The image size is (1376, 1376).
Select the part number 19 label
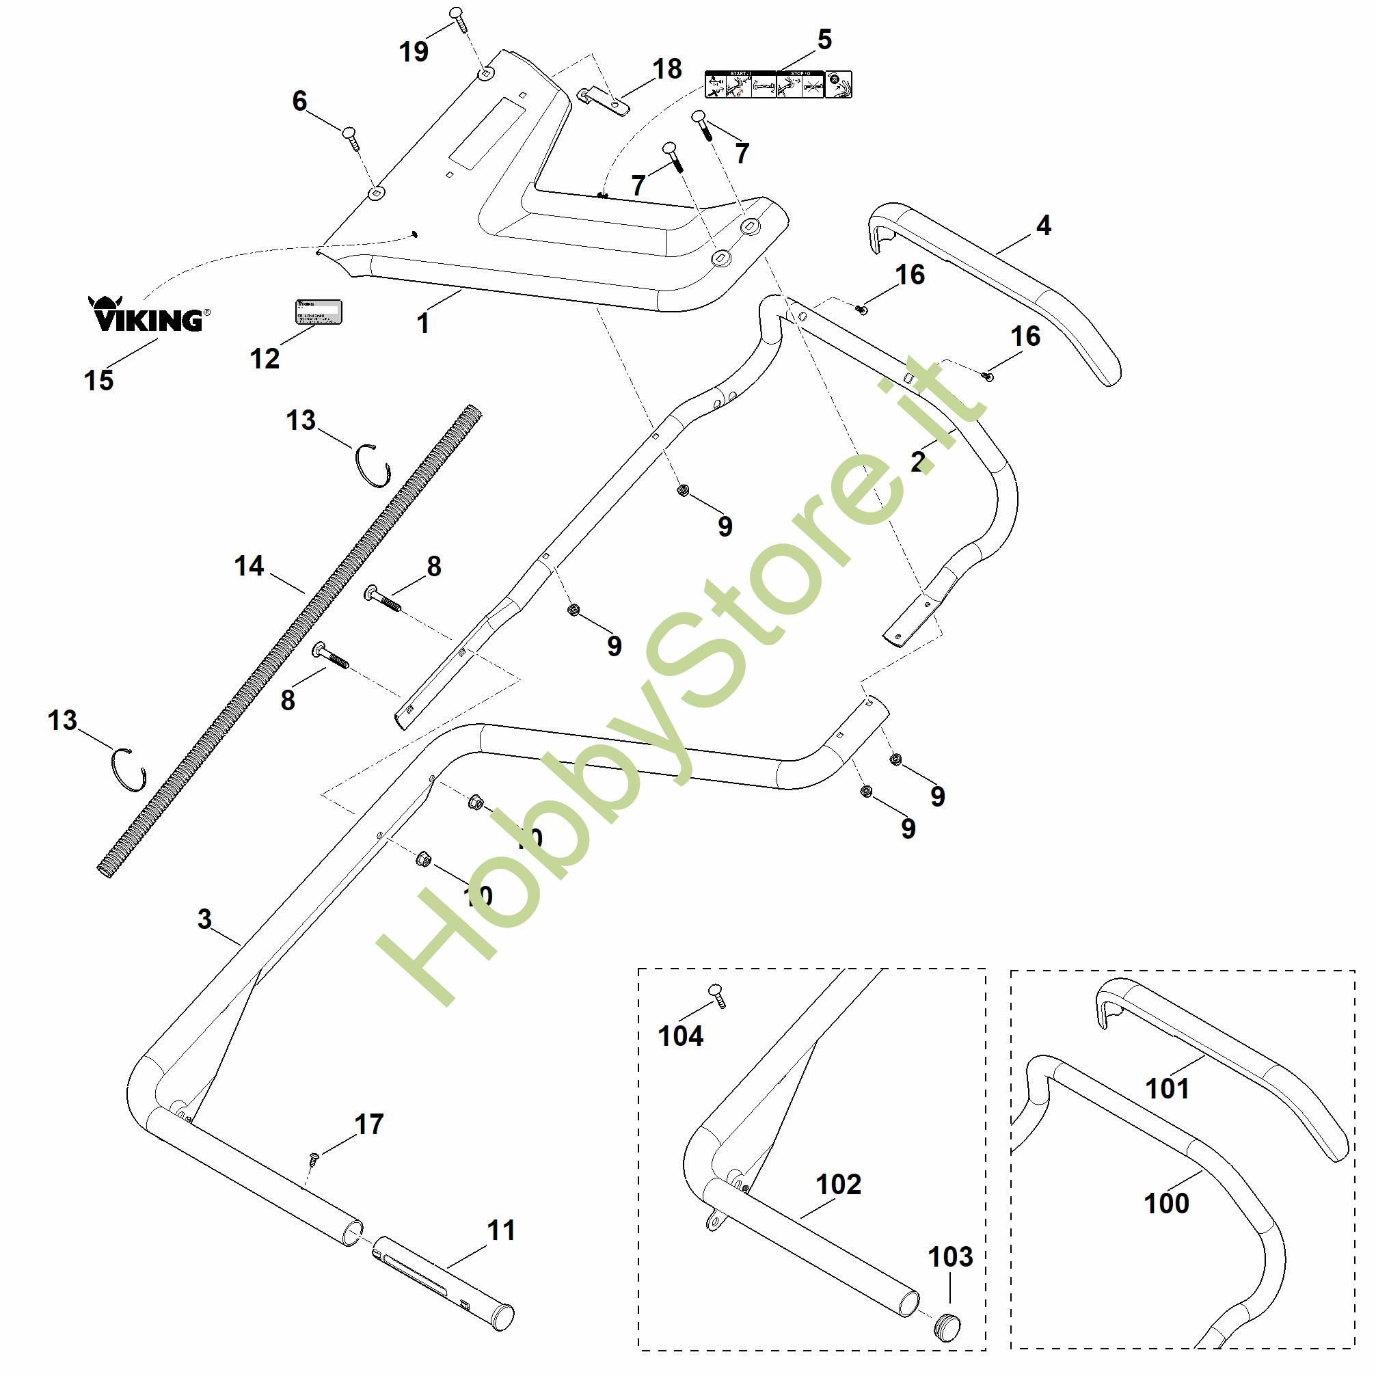tap(414, 52)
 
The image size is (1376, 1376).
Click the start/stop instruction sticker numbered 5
tap(778, 85)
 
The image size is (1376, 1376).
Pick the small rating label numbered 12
tap(319, 312)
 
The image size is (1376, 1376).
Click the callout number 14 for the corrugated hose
tap(249, 566)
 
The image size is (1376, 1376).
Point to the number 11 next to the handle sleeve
tap(500, 1230)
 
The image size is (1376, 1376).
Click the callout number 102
tap(838, 1185)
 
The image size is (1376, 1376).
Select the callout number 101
tap(1168, 1089)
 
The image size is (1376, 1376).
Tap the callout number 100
tap(1166, 1203)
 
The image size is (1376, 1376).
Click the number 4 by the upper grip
tap(1043, 226)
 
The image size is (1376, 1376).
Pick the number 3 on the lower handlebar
tap(205, 919)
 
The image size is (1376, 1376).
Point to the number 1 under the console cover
tap(423, 323)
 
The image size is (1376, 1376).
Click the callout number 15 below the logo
tap(99, 380)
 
